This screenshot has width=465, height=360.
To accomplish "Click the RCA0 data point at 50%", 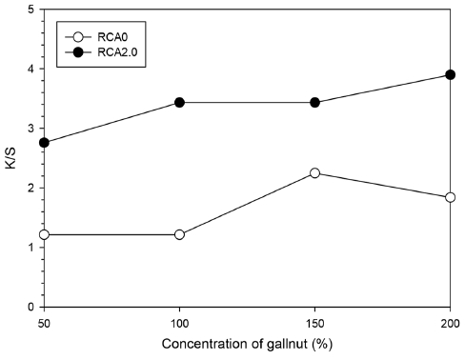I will (44, 234).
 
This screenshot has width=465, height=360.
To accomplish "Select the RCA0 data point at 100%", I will (179, 234).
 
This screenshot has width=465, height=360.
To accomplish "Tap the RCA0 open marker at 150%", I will (314, 173).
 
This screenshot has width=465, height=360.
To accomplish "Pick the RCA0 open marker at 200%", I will (450, 197).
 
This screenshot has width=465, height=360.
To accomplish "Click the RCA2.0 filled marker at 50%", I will (44, 143).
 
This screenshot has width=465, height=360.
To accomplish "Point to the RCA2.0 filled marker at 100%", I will (179, 102).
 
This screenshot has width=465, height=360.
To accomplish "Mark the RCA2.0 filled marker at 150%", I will (314, 102).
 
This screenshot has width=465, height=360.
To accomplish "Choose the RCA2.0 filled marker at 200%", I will (450, 74).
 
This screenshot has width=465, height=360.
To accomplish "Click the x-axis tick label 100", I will (179, 324).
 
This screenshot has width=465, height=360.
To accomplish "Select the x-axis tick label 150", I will (314, 324).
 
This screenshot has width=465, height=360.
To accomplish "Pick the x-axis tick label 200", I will (450, 324).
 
